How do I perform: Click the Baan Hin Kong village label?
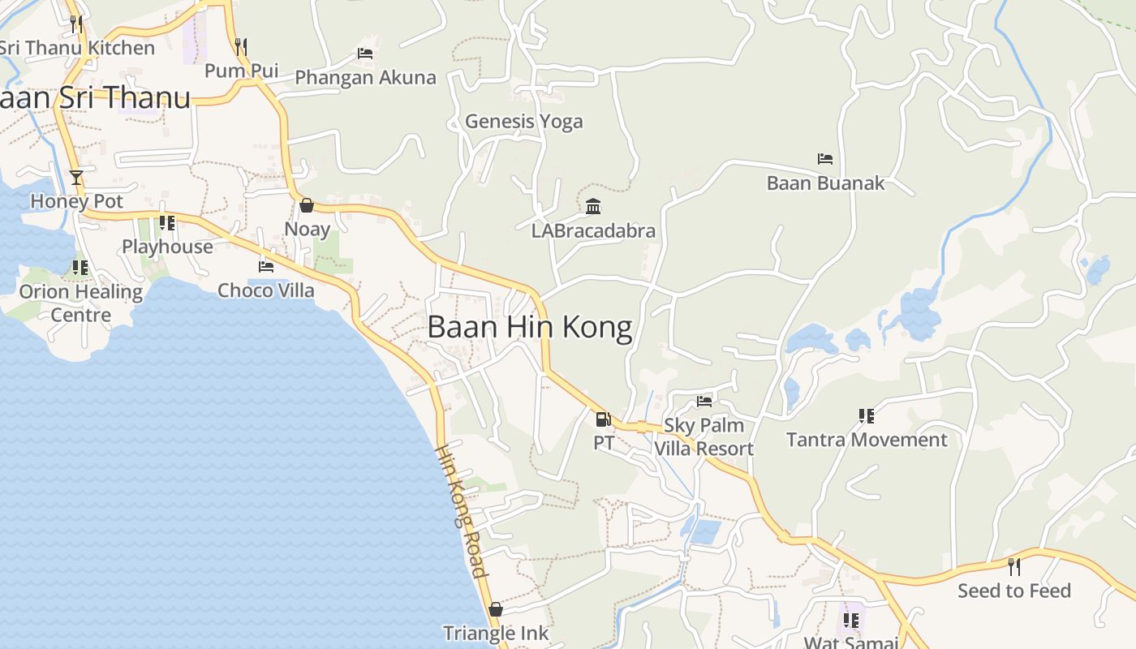pyautogui.click(x=529, y=327)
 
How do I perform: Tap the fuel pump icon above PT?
pyautogui.click(x=603, y=419)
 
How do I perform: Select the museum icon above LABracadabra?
pyautogui.click(x=593, y=207)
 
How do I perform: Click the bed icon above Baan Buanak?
pyautogui.click(x=825, y=159)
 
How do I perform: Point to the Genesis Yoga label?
pyautogui.click(x=523, y=122)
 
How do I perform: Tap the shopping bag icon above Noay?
pyautogui.click(x=307, y=205)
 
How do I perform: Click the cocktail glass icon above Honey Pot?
pyautogui.click(x=76, y=178)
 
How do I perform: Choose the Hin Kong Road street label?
pyautogui.click(x=462, y=511)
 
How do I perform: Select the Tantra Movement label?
pyautogui.click(x=867, y=440)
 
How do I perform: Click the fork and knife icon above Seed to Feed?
pyautogui.click(x=1014, y=566)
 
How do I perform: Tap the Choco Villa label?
pyautogui.click(x=266, y=290)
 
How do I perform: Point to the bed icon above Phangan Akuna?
pyautogui.click(x=365, y=54)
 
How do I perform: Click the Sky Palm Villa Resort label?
pyautogui.click(x=704, y=437)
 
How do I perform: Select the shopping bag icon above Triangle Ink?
pyautogui.click(x=496, y=609)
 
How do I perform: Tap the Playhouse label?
pyautogui.click(x=167, y=247)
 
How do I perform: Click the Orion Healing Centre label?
pyautogui.click(x=80, y=303)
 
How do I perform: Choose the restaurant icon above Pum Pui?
pyautogui.click(x=241, y=46)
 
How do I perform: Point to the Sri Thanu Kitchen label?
pyautogui.click(x=78, y=48)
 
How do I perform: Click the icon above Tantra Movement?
pyautogui.click(x=867, y=416)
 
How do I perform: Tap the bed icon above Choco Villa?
pyautogui.click(x=266, y=266)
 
